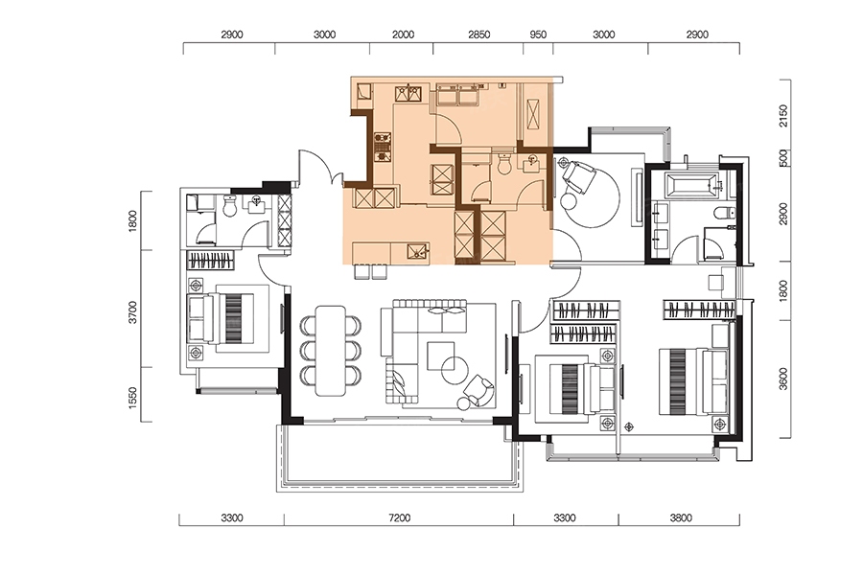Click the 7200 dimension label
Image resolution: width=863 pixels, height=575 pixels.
pos(399,517)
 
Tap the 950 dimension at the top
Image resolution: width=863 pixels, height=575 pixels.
pos(538,34)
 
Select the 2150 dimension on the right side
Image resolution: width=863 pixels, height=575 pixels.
pos(783,116)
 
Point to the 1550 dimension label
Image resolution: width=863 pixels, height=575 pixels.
pos(132,398)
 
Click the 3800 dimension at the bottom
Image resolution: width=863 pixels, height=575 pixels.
pos(681,517)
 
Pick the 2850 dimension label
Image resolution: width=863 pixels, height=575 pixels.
pos(478,34)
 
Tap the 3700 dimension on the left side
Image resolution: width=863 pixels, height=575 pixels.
pos(132,312)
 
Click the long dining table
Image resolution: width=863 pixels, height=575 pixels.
pos(331,351)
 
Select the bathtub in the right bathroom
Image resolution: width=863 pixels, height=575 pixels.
pos(692,186)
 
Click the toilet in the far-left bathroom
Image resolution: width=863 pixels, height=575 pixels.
pos(230,206)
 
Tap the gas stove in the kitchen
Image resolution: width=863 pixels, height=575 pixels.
pos(382,147)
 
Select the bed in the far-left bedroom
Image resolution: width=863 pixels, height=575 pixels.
pos(221,318)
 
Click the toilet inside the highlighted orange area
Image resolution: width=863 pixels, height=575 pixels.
pos(504,164)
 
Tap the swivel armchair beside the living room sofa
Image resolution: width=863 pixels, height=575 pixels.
pos(478,392)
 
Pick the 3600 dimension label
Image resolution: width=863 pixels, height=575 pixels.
pos(783,379)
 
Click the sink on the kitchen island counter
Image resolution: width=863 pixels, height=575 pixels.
pos(418,252)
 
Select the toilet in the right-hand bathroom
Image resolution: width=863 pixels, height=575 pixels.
pos(725,213)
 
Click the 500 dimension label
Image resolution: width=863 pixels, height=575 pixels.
pos(783,157)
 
